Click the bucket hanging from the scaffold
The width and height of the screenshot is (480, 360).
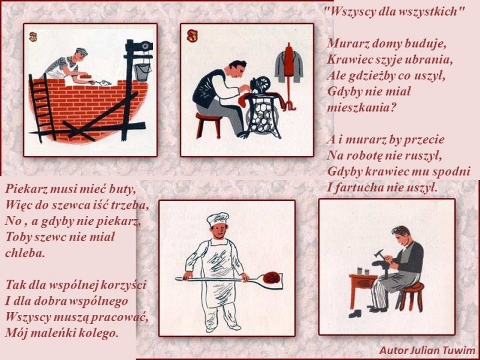[143, 72]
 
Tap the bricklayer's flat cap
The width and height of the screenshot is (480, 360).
[82, 52]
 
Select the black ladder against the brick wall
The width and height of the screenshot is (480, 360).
[42, 108]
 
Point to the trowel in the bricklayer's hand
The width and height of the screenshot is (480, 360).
[100, 82]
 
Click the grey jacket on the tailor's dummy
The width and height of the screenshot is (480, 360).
[289, 67]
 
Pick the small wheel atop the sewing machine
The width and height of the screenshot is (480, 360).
[264, 82]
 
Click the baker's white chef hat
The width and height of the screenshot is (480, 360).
[218, 219]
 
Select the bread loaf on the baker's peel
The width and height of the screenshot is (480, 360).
[271, 278]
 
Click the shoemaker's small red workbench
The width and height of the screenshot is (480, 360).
[362, 289]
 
